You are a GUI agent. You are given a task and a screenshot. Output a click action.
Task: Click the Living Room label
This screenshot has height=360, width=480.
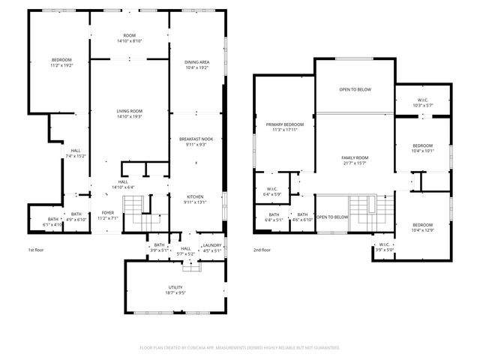coord(129,111)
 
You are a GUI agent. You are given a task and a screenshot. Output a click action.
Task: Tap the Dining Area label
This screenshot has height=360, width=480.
coord(196,62)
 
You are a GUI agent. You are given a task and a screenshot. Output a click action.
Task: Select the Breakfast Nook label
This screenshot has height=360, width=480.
coord(196,139)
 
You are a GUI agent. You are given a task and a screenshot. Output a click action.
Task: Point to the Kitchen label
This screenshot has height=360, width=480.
coord(195,196)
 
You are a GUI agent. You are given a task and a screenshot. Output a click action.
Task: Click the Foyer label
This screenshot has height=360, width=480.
coord(108,213)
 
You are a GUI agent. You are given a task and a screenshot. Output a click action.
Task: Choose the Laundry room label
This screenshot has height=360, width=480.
coord(212,245)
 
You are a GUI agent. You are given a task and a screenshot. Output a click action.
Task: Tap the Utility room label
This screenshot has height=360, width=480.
coord(175,287)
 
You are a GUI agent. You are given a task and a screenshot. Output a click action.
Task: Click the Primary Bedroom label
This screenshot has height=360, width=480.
coord(284,124)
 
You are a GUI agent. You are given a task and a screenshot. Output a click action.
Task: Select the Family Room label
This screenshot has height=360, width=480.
coord(353,157)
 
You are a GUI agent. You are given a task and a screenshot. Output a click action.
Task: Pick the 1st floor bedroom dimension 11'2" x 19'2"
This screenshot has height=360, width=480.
coord(61,66)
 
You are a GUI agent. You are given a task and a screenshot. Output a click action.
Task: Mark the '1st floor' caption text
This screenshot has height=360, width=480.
coord(37,250)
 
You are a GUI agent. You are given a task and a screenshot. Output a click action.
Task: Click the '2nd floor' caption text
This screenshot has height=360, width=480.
coord(262,250)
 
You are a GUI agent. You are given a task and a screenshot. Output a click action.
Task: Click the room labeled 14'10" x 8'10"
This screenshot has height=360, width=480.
coord(129,38)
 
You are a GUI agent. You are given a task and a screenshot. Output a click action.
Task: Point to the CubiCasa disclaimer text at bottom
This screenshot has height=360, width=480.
coord(240,347)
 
